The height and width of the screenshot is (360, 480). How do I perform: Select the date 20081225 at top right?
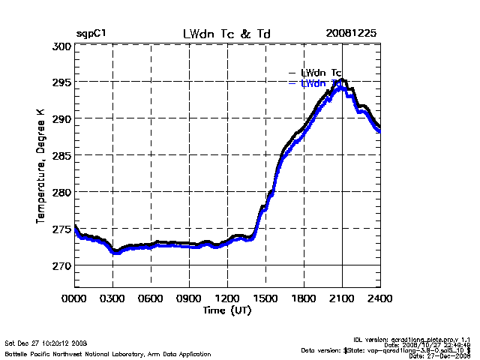tap(351, 34)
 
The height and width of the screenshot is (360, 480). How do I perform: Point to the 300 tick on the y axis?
tap(61, 46)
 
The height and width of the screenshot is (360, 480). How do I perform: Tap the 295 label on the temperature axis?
tap(61, 82)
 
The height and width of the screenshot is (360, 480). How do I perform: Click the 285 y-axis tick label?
tap(61, 156)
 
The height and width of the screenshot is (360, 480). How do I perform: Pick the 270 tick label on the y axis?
tap(61, 266)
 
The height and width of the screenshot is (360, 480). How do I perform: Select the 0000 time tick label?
tap(75, 298)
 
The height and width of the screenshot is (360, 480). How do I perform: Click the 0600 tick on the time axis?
tap(151, 298)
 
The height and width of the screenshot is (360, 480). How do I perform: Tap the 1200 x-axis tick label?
tap(227, 298)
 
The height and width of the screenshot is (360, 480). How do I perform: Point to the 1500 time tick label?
tap(265, 298)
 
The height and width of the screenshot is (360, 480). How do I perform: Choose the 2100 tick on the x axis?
tap(342, 298)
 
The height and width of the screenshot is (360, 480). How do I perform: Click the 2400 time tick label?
tap(379, 298)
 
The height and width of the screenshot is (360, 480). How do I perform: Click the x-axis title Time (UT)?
tap(227, 310)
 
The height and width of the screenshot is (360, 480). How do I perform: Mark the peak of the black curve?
tap(342, 79)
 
